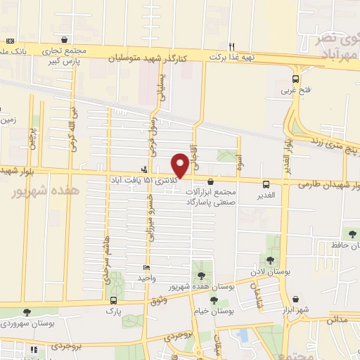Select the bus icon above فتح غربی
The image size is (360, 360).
pyautogui.click(x=296, y=79)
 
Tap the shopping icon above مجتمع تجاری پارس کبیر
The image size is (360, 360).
pyautogui.click(x=65, y=40)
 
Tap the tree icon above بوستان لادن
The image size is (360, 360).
pyautogui.click(x=270, y=260)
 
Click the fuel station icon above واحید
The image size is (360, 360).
pyautogui.click(x=146, y=268)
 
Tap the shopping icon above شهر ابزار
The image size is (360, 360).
pyautogui.click(x=296, y=299)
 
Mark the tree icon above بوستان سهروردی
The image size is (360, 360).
pyautogui.click(x=27, y=312)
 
